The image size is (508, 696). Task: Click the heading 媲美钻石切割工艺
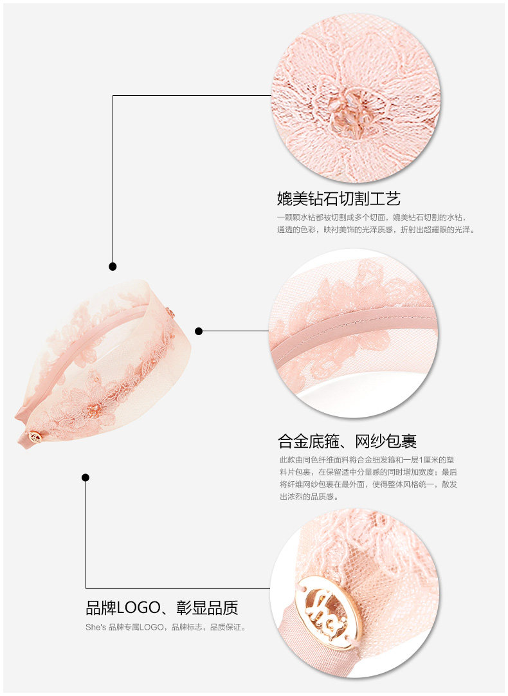point(338,198)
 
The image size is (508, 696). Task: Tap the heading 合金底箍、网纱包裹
point(347,441)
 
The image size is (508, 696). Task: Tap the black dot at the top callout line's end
point(113,266)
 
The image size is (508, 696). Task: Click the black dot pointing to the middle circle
point(199,331)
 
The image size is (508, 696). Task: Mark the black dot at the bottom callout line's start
point(86,477)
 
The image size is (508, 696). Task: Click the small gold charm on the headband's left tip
point(36,437)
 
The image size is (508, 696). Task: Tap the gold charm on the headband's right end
point(170,313)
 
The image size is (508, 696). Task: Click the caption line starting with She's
point(166,627)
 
